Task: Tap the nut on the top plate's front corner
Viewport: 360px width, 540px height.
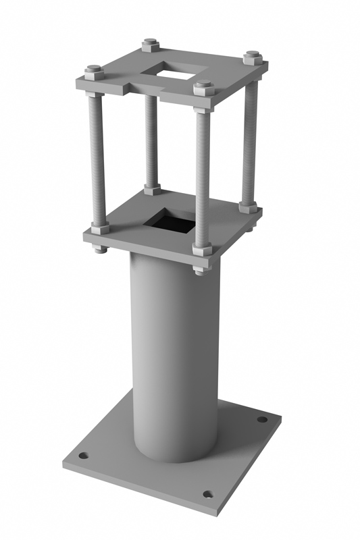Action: [x=203, y=88]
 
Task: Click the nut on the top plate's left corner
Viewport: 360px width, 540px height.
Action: [x=94, y=70]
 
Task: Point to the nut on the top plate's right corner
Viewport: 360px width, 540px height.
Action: [x=252, y=56]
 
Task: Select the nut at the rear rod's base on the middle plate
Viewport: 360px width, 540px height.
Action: [x=152, y=190]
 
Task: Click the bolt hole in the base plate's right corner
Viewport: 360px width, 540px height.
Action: [x=262, y=419]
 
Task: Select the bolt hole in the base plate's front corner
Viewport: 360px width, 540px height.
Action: [x=208, y=494]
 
